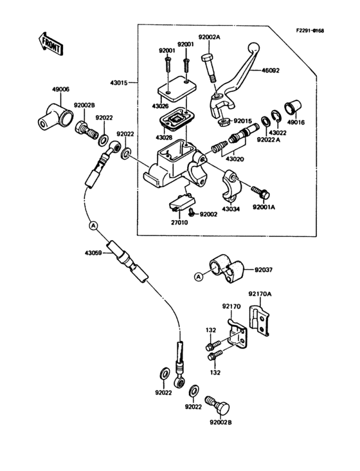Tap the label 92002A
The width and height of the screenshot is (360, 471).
tap(209, 37)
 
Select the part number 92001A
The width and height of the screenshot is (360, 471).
tap(264, 208)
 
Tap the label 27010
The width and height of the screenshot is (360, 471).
tap(179, 222)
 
